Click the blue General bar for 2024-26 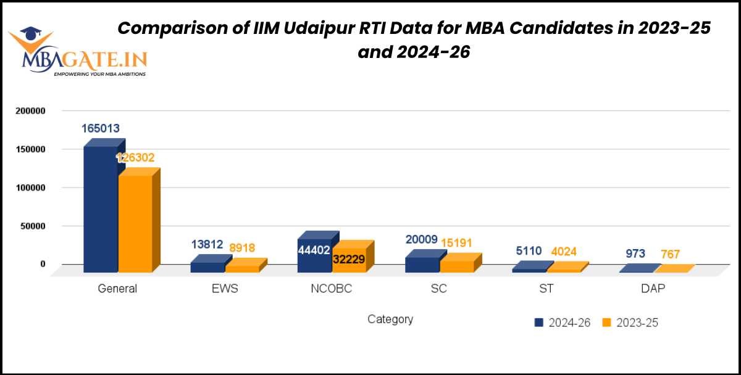[100, 210]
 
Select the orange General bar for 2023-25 [135, 223]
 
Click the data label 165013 [101, 129]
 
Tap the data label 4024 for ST [564, 251]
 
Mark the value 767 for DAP [671, 253]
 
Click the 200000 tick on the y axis [30, 111]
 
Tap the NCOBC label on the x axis [332, 289]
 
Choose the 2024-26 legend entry [563, 323]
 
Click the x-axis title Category [390, 319]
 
